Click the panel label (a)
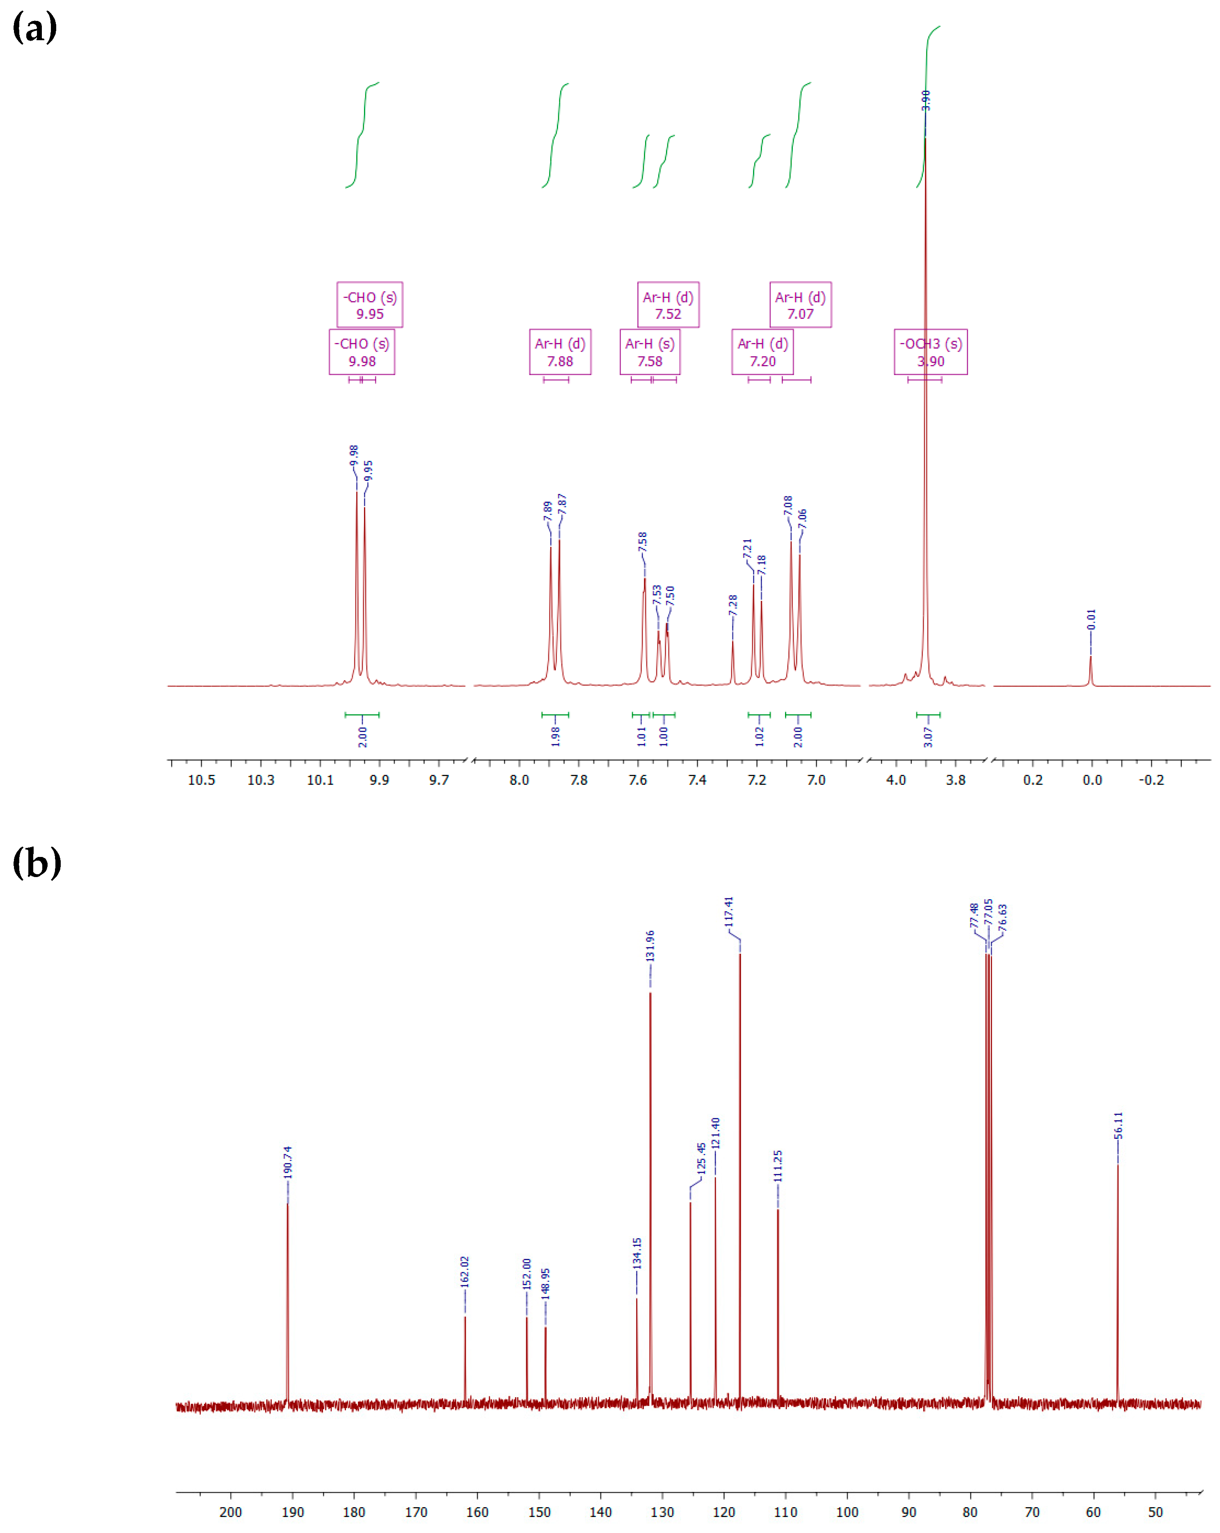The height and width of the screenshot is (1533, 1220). click(x=34, y=28)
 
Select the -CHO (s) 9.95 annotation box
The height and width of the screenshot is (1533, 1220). click(x=369, y=305)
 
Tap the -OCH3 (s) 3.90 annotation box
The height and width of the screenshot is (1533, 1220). click(x=930, y=352)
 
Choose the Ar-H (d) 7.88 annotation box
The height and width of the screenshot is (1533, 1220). click(x=560, y=352)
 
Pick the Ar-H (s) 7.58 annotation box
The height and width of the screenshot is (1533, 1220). click(x=650, y=352)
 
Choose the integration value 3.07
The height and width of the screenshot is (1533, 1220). click(x=928, y=737)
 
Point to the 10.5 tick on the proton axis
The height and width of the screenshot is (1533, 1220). click(x=201, y=780)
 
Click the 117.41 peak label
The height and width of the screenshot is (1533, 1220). click(x=728, y=912)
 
